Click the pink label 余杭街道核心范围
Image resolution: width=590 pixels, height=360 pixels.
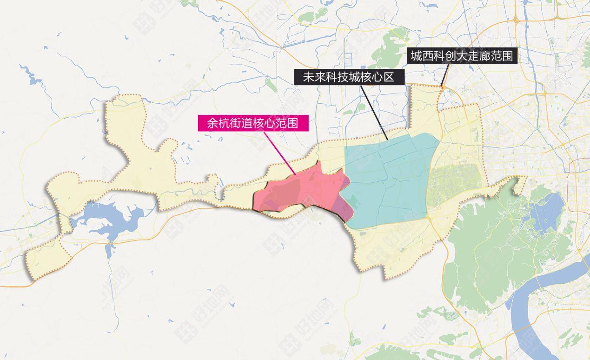click(x=253, y=123)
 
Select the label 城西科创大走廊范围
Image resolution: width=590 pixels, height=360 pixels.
click(x=462, y=56)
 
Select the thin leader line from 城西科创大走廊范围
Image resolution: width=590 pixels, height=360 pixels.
click(x=447, y=74)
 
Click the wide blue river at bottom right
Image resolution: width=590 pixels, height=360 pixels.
click(x=535, y=316)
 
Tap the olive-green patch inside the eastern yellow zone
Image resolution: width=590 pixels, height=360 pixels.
click(x=453, y=184)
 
